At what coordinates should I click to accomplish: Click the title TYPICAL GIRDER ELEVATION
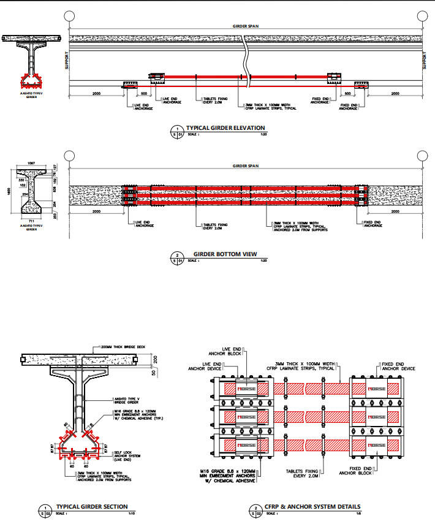coord(225,129)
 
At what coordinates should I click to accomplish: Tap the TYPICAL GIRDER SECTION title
coord(92,506)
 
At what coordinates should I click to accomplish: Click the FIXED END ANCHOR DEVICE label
coord(399,366)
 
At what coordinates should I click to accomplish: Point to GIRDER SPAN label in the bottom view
coord(245,165)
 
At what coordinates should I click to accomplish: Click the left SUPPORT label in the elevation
coord(66,61)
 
